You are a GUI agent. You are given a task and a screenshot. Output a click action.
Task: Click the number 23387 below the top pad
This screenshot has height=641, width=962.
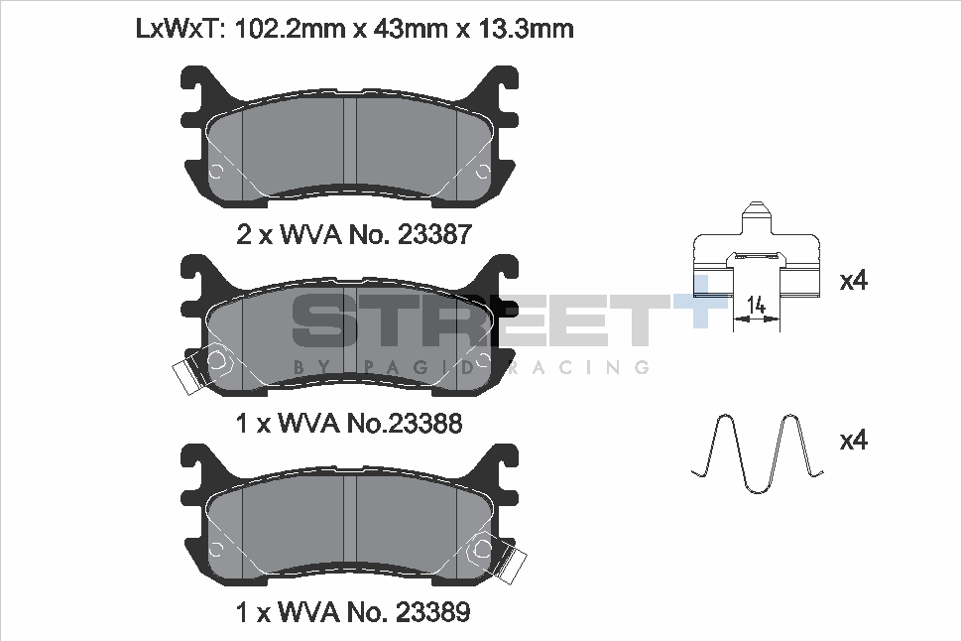pos(435,234)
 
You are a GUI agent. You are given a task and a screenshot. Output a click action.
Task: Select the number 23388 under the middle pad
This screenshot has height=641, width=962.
pos(424,423)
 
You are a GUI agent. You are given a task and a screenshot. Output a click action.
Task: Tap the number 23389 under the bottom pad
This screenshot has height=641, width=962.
pos(433,611)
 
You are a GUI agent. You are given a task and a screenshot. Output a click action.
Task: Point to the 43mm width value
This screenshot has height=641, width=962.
pos(410,29)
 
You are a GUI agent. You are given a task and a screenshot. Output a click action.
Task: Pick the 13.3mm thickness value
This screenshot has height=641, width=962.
pos(523,29)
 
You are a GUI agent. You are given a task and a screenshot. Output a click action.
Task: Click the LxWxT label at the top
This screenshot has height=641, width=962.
pos(178,29)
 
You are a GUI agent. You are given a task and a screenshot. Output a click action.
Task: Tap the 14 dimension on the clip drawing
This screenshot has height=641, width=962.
pos(756,306)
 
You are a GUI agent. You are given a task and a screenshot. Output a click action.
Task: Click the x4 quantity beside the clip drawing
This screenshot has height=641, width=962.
pos(854,281)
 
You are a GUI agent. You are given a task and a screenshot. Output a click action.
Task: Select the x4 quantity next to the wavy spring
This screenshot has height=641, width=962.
pos(854,441)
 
